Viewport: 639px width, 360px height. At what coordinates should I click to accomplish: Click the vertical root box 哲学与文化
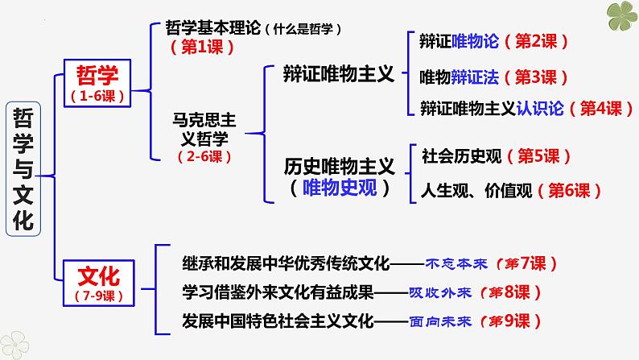point(23,169)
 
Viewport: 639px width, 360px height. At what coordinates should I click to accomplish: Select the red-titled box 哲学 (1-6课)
point(97,83)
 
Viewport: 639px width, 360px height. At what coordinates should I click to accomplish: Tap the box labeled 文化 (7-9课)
point(99,283)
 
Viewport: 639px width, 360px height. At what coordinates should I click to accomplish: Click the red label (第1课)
point(202,48)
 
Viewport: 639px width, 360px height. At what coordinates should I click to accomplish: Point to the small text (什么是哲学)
point(303,29)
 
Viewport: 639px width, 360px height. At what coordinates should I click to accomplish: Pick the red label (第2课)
point(536,41)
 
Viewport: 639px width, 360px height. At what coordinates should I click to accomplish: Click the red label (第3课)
point(536,77)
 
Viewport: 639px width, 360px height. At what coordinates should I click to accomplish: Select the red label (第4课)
point(600,109)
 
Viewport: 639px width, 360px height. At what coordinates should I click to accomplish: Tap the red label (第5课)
point(538,156)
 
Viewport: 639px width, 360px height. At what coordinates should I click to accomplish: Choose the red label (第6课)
point(569,190)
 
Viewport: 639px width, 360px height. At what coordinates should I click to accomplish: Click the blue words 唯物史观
point(340,188)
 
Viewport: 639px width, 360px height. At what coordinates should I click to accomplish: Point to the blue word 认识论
point(540,109)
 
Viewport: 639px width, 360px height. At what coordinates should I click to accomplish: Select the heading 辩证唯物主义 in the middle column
point(339,75)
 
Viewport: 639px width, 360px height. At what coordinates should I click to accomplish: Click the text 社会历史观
point(462,156)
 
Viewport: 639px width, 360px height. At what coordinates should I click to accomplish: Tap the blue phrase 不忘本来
point(456,264)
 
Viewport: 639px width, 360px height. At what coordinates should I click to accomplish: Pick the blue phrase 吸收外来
point(440,292)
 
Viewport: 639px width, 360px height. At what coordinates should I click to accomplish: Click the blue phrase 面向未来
point(440,321)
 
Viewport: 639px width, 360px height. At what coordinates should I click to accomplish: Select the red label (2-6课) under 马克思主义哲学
point(204,156)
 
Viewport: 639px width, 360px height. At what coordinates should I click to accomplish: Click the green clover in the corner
point(622,15)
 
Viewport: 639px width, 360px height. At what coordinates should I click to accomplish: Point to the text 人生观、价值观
point(476,191)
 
